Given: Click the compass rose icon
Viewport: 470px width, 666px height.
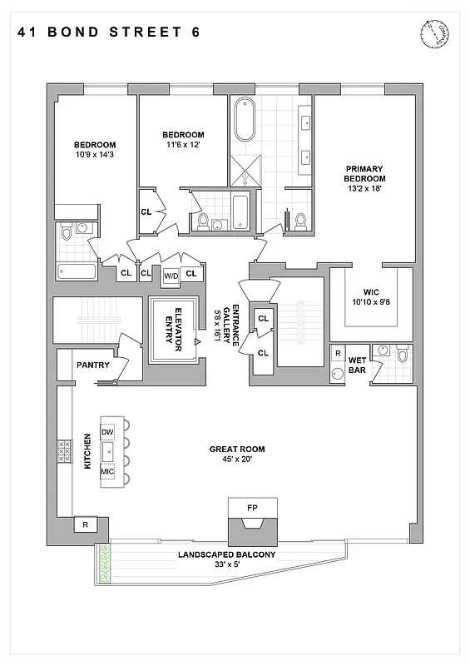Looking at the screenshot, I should (x=434, y=33).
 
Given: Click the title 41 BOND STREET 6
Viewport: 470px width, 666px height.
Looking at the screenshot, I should (x=108, y=32).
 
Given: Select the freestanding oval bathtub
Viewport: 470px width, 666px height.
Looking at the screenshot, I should (x=245, y=120).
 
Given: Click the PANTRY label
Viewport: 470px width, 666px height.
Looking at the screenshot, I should (x=94, y=365).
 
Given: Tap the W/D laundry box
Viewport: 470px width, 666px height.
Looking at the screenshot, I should (x=171, y=274).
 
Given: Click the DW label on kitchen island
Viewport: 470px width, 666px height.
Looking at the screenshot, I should (x=107, y=432).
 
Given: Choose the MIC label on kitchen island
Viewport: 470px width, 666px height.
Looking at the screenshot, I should (x=107, y=471).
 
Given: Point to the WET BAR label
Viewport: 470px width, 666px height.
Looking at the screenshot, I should (x=357, y=365).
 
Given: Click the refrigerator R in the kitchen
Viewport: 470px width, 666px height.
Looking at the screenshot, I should (x=85, y=524).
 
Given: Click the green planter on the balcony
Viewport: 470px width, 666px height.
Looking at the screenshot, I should (x=103, y=564).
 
